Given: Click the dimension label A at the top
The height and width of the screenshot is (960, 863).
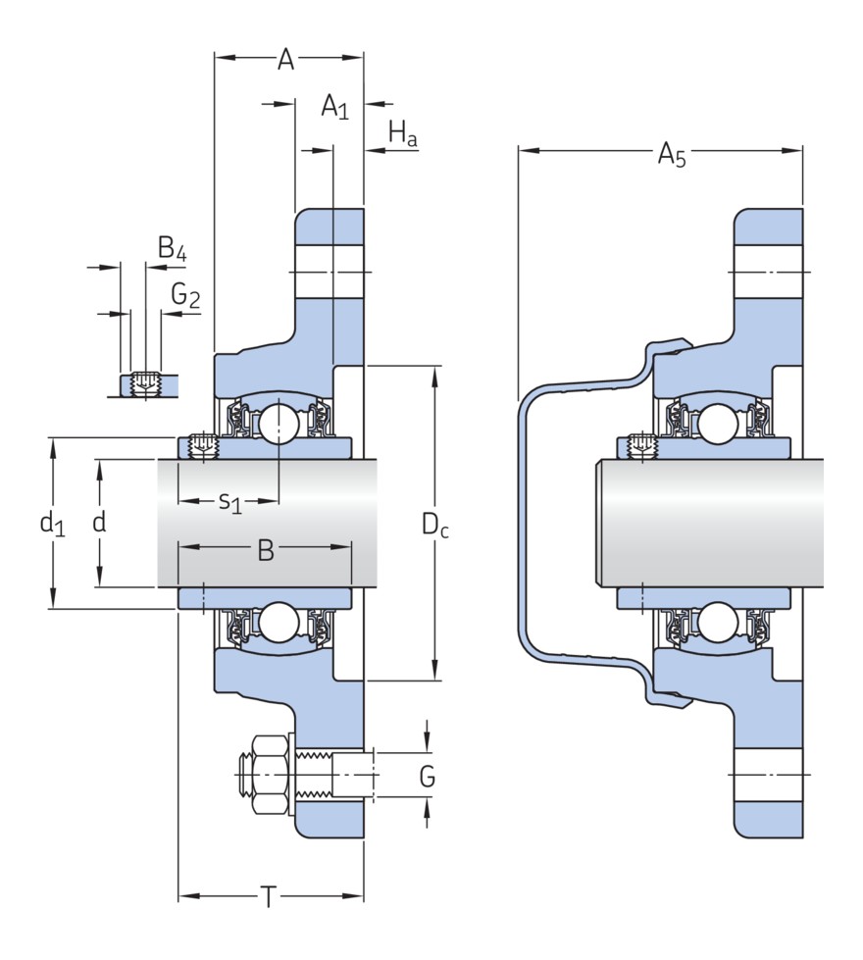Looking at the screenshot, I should click(x=285, y=60).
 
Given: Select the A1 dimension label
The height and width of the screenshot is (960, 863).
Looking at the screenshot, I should click(x=334, y=106).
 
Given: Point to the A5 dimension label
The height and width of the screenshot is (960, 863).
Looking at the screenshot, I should click(x=671, y=154).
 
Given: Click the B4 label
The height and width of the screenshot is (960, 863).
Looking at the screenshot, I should click(x=172, y=249).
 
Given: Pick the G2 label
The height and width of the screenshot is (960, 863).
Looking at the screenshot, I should click(x=184, y=294).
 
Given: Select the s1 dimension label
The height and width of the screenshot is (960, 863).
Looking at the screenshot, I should click(x=229, y=502).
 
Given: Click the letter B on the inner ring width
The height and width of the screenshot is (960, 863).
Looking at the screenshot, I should click(x=265, y=550).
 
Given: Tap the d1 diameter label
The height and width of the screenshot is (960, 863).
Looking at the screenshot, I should click(x=52, y=524).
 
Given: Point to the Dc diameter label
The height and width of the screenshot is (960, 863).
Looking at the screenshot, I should click(x=435, y=525).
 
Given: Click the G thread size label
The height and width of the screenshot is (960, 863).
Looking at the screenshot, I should click(x=427, y=777).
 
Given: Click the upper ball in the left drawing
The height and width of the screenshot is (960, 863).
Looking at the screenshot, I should click(x=279, y=424).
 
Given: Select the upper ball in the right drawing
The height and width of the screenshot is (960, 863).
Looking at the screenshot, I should click(x=718, y=424).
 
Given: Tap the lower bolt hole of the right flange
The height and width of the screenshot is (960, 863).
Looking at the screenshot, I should click(x=769, y=775).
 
